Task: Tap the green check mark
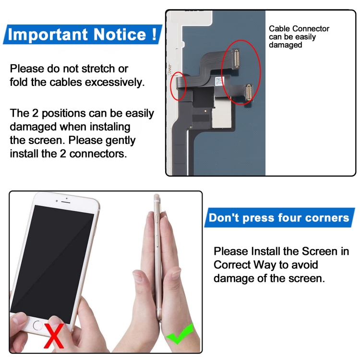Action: pyautogui.click(x=180, y=335)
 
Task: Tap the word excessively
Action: pyautogui.click(x=114, y=82)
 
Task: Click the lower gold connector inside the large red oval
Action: pyautogui.click(x=248, y=91)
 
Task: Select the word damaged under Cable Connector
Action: pyautogui.click(x=285, y=45)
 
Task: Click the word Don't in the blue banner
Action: pyautogui.click(x=224, y=218)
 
